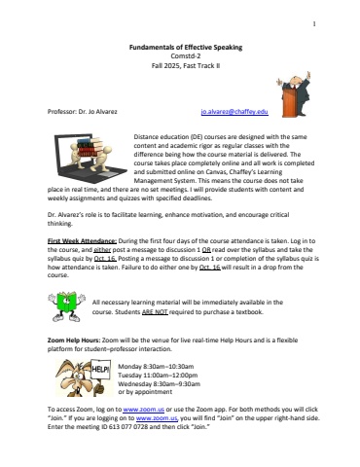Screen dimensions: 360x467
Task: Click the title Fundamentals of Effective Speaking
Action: coord(179,46)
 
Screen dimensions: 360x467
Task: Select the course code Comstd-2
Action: coord(179,55)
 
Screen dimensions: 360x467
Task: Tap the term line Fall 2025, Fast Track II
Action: coord(179,65)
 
